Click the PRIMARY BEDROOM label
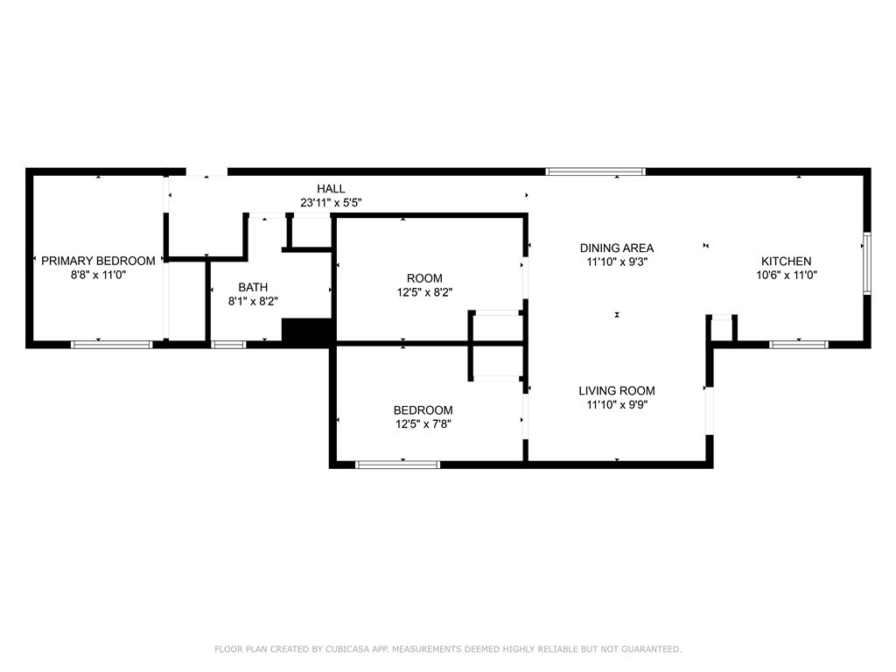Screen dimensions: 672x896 [x=98, y=261]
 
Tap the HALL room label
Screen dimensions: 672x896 [x=331, y=189]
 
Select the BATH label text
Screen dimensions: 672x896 [x=253, y=287]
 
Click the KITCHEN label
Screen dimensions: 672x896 [x=786, y=261]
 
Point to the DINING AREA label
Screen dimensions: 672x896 [x=616, y=248]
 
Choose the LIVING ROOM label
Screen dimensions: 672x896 [x=616, y=391]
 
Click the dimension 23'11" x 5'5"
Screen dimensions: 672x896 [x=331, y=203]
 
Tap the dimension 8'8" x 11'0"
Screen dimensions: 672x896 [x=98, y=275]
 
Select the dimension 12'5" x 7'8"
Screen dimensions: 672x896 [x=423, y=424]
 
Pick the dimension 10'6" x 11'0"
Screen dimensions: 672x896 [x=786, y=275]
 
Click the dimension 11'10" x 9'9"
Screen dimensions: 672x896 [x=616, y=405]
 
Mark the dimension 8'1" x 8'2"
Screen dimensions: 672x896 [x=253, y=301]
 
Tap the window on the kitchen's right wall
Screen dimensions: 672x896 [x=866, y=263]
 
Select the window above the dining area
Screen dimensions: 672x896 [x=596, y=171]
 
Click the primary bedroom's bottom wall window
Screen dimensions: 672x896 [x=111, y=345]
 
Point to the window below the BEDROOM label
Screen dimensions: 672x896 [x=397, y=465]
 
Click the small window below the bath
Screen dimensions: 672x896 [x=229, y=345]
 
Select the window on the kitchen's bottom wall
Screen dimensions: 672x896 [x=798, y=345]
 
